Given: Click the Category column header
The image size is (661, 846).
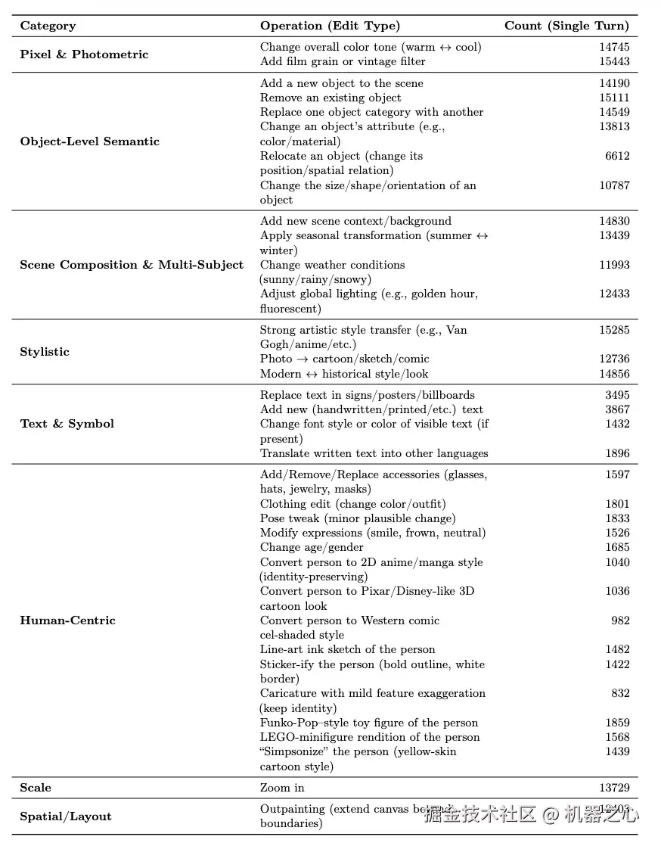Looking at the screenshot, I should tap(48, 26).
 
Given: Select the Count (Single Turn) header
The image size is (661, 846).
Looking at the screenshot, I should tap(566, 26).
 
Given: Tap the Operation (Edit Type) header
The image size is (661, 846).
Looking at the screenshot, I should tap(330, 26).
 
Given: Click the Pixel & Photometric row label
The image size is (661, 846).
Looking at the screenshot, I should tap(84, 54).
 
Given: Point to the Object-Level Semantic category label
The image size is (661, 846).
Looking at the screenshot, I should tap(89, 142).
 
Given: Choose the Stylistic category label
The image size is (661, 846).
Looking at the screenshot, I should tap(45, 352).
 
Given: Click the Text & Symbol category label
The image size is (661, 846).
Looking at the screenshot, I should tap(67, 424).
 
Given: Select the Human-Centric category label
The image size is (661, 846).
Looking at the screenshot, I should tap(67, 621).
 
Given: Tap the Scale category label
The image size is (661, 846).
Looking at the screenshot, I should tap(36, 788).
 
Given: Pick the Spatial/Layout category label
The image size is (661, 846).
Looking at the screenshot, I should tap(65, 816).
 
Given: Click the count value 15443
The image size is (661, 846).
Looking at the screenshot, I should tap(614, 61).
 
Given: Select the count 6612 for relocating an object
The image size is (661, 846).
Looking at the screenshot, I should tap(617, 156).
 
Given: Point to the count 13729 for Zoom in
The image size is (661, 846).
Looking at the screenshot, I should tap(614, 788).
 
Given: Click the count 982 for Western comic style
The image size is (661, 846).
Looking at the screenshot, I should tap(620, 621).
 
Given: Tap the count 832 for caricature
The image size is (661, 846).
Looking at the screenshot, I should tap(620, 693).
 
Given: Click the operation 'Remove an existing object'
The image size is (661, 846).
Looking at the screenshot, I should tap(330, 98).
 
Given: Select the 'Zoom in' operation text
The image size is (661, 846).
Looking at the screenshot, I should tap(282, 788).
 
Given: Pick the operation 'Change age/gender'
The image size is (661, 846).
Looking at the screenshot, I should tap(312, 547).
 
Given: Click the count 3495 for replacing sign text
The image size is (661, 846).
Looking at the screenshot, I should tap(617, 395).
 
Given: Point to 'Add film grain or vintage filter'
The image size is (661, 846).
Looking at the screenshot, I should tap(343, 61).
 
